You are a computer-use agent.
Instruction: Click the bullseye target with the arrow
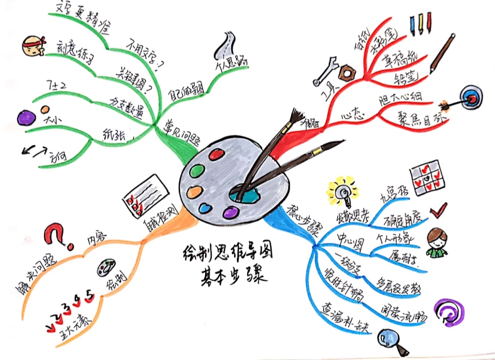[x=469, y=97]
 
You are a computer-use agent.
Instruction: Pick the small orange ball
[x=45, y=110]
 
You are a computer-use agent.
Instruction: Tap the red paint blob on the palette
[x=215, y=155]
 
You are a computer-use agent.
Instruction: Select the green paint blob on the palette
[x=198, y=171]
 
